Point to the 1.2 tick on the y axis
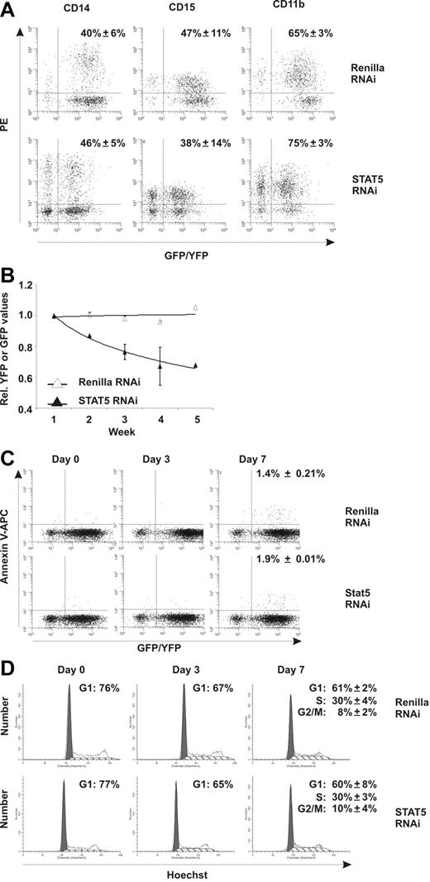pyautogui.click(x=33, y=285)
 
